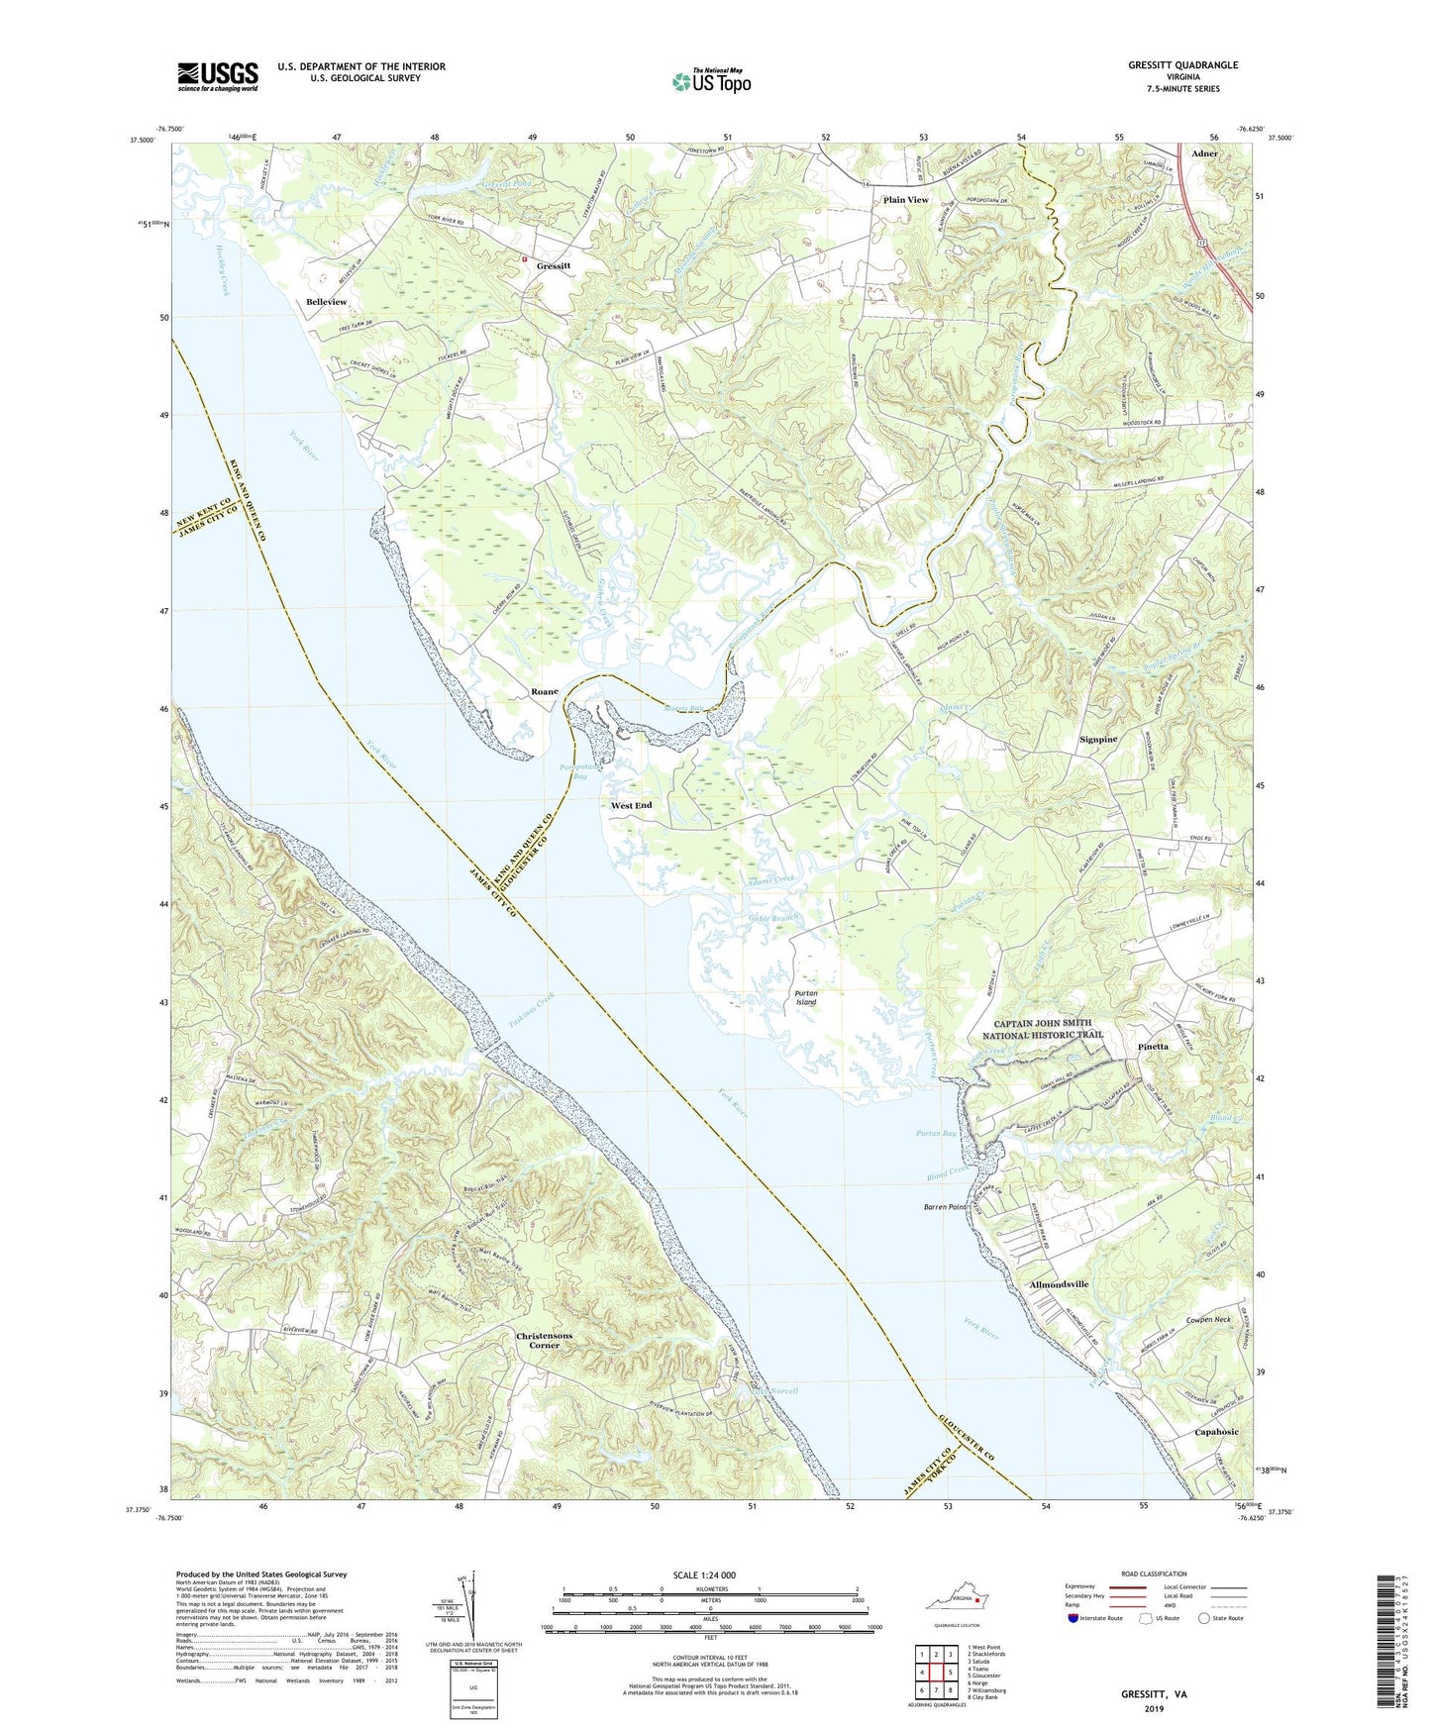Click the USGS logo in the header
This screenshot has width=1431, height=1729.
tap(218, 75)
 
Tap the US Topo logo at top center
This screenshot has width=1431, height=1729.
tap(710, 80)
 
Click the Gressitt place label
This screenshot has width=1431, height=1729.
tap(554, 266)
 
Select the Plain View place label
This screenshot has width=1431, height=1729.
tap(905, 200)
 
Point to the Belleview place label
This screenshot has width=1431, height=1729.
tap(327, 301)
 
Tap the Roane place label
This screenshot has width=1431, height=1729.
tap(544, 691)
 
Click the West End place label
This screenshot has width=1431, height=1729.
tap(631, 805)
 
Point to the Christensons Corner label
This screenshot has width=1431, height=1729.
tap(544, 1341)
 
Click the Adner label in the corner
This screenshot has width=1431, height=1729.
tap(1205, 153)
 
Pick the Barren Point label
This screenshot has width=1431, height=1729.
tap(945, 1207)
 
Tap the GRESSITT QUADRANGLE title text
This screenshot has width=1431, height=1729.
tap(1182, 64)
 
